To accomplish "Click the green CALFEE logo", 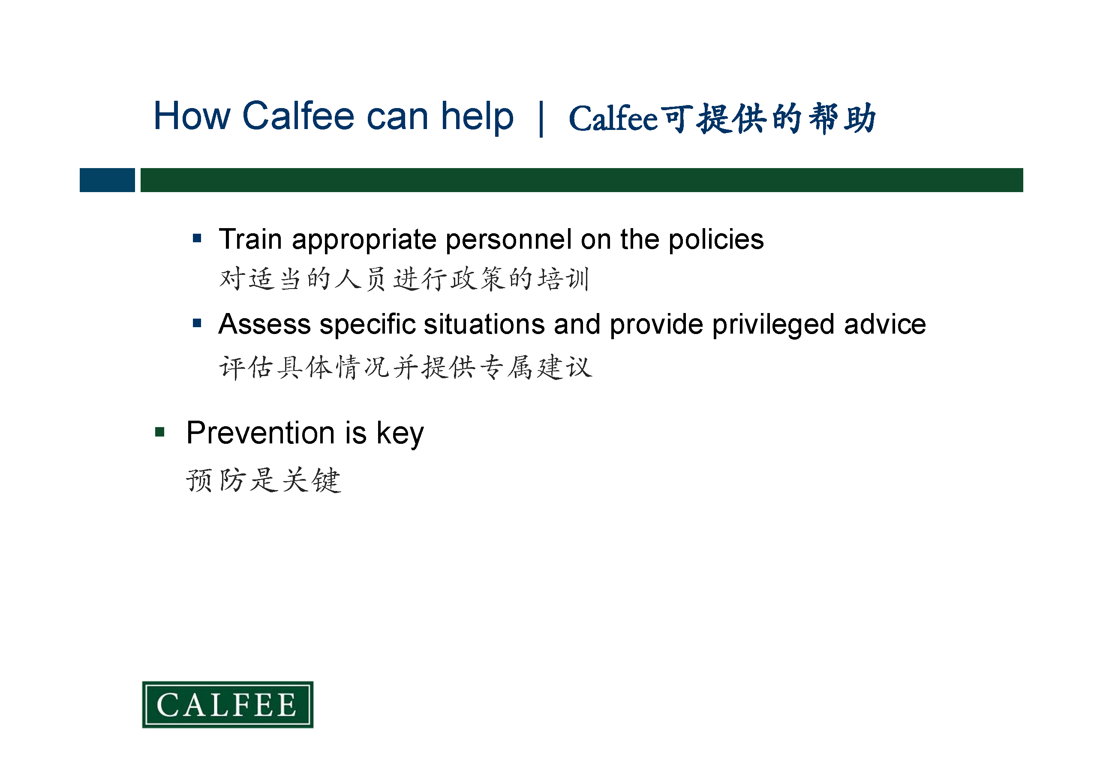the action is [x=228, y=705].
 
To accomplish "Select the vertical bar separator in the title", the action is [x=541, y=119].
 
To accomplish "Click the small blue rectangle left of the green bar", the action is [x=107, y=180].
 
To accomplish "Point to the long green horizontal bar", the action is [x=582, y=180].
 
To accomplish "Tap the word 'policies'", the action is [x=716, y=240].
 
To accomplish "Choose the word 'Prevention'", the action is [x=260, y=433].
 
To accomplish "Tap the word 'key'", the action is [x=400, y=434].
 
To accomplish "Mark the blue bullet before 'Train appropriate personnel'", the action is [x=197, y=238].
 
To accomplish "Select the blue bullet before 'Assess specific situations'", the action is [x=197, y=323].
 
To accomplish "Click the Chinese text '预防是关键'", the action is [x=264, y=480].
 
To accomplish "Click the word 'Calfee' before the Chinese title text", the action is [x=613, y=118].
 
